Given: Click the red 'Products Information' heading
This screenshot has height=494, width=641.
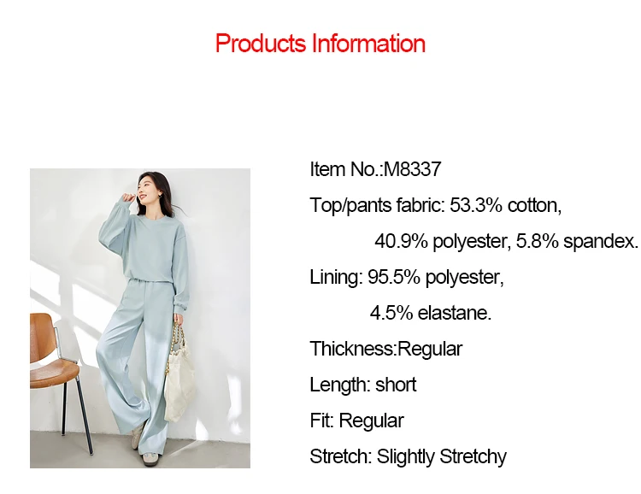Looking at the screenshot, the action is click(320, 44).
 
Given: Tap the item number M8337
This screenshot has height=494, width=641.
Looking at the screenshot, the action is click(413, 169).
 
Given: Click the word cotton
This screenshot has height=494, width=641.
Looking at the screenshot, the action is click(534, 205).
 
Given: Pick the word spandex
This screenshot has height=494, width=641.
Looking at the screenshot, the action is click(600, 242).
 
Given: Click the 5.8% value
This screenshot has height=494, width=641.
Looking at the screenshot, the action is click(538, 241).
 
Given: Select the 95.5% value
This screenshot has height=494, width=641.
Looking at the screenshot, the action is click(394, 277).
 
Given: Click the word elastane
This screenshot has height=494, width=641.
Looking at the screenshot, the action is click(455, 314).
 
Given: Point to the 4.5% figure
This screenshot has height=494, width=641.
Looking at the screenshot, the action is click(391, 314).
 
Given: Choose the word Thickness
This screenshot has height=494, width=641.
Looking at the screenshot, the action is click(353, 349).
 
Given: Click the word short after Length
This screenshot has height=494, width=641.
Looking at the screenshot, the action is click(396, 385).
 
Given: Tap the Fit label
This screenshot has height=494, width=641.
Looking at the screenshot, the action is click(322, 420).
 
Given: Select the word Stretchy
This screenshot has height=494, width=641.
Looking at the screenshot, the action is click(473, 456).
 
